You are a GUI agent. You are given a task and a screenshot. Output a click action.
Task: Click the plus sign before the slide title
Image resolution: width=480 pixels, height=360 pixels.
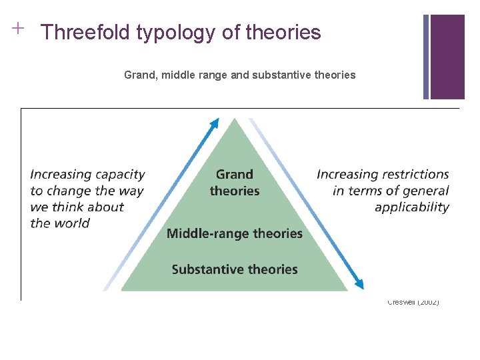17,28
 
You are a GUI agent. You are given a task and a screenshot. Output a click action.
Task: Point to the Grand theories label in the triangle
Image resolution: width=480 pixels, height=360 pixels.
235,183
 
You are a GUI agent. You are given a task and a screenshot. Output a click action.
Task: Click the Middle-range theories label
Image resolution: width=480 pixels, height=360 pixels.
235,233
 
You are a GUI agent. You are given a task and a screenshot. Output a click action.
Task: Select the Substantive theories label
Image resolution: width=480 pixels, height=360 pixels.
235,269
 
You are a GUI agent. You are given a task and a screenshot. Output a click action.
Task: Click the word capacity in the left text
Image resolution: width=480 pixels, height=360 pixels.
121,175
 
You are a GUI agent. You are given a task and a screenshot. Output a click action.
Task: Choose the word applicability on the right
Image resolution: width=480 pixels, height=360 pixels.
412,207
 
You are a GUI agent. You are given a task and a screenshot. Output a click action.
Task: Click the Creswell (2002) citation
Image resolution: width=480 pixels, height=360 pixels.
413,303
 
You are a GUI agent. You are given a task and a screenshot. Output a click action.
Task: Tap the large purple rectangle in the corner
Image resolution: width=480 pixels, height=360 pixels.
447,57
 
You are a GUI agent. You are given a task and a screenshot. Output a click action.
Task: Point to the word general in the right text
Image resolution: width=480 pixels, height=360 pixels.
424,191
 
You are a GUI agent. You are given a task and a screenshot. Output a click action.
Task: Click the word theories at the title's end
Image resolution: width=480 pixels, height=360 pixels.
286,32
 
